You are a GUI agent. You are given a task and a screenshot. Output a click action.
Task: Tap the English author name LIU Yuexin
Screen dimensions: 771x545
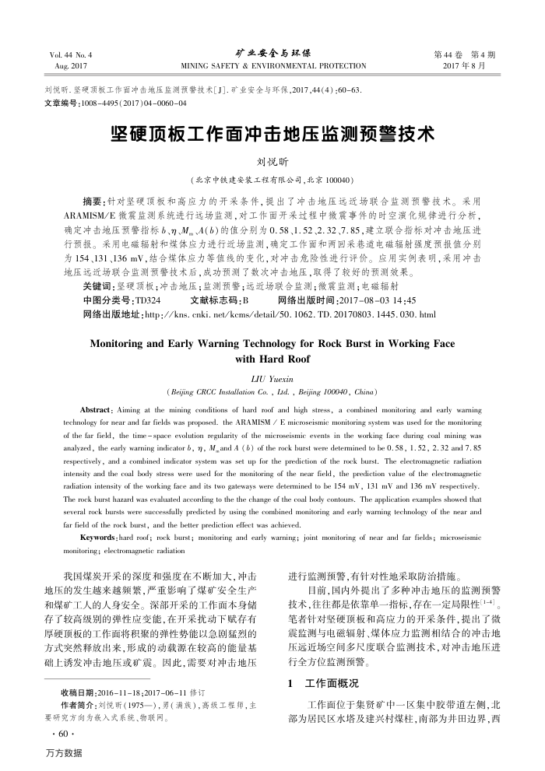tap(272, 377)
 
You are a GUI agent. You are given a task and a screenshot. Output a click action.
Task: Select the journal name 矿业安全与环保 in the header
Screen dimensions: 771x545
tap(272, 54)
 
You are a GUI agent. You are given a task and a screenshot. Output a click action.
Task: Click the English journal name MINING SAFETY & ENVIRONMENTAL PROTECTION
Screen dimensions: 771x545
tap(272, 65)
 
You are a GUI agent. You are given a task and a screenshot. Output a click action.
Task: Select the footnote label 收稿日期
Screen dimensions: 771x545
tap(76, 691)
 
